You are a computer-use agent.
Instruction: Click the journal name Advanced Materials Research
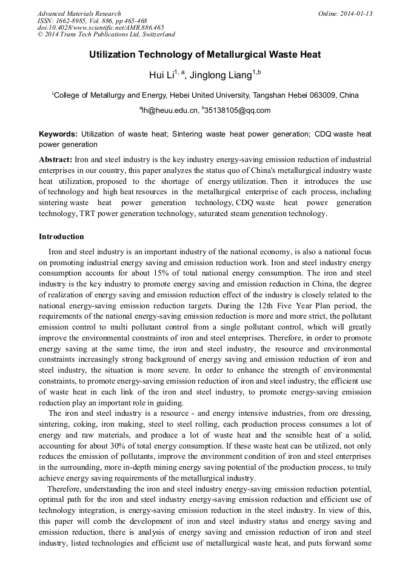point(79,13)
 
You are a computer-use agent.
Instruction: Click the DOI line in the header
point(101,28)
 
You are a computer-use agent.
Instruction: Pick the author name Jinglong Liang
point(222,75)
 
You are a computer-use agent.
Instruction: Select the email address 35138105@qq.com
point(238,111)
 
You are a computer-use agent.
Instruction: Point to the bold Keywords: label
point(58,134)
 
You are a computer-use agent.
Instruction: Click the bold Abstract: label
point(55,159)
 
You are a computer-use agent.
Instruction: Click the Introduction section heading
point(61,237)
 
